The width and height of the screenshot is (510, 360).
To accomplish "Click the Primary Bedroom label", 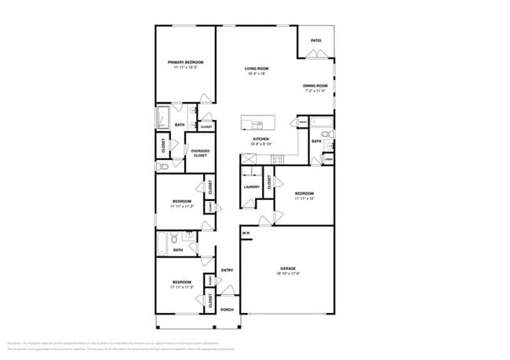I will click(x=185, y=62).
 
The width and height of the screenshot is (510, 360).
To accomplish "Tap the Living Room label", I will click(x=257, y=69).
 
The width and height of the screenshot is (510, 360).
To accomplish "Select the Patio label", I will click(x=315, y=40).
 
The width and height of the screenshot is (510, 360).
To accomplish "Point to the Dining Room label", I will click(x=315, y=85).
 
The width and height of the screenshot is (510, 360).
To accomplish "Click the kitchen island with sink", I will click(x=258, y=122).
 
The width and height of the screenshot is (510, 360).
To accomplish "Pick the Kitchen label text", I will click(x=260, y=139).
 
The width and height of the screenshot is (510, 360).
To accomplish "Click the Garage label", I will click(x=287, y=268).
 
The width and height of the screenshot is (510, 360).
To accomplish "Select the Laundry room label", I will click(x=251, y=187).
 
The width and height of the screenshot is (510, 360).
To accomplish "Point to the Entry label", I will click(x=227, y=271).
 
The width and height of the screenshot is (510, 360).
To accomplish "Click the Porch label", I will click(x=227, y=309).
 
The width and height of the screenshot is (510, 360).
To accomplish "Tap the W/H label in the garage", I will click(x=246, y=234).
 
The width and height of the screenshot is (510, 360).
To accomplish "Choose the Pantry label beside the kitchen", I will click(x=302, y=122).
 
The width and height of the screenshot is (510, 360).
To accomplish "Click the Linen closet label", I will click(x=327, y=159).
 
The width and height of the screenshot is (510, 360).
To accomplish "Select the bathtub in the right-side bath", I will click(x=322, y=122).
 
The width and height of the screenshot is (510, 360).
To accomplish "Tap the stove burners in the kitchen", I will click(x=277, y=159).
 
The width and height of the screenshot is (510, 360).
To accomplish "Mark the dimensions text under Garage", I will click(x=287, y=274).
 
